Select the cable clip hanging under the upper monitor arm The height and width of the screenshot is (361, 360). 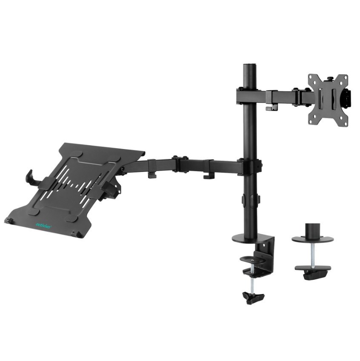[x=269, y=108]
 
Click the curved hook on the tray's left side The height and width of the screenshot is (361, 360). [x=30, y=177]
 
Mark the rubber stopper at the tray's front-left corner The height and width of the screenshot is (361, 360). [x=8, y=221]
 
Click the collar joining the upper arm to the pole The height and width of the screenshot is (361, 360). [x=250, y=95]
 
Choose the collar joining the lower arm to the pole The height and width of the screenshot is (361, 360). [x=250, y=166]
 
